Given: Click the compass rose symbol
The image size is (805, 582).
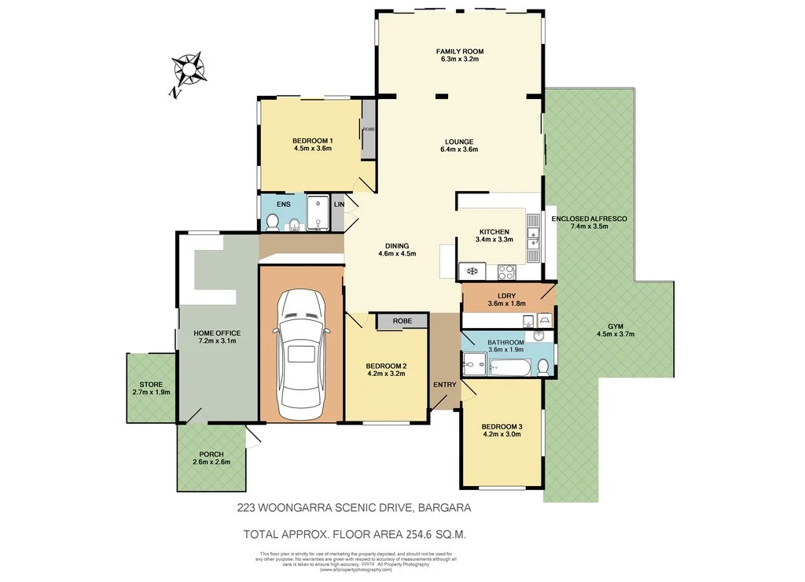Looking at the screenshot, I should pos(188,71).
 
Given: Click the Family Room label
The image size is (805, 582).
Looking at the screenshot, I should pos(459,51).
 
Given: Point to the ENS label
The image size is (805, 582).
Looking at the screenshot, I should pos(283,204).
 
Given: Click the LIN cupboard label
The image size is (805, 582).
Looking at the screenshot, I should pos(339,204).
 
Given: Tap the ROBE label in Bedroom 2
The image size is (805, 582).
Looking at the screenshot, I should pos(402,321).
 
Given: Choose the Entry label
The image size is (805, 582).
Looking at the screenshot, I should pos(445,385).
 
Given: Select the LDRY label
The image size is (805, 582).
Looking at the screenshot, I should pos(505,295).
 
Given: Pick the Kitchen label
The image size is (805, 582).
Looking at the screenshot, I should pos(494,232).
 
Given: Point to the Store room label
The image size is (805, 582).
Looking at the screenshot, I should pos(151,384).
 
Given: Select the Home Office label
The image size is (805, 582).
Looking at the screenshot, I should pos(217,333).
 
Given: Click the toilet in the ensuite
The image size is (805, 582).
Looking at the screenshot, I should pos(271,223).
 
